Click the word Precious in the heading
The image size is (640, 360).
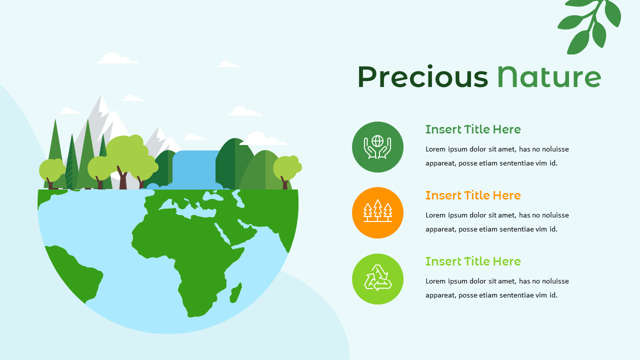[422, 77]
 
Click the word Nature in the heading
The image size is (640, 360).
[548, 77]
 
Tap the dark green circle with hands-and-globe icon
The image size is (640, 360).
[377, 147]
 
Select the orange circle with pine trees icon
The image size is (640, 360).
[377, 213]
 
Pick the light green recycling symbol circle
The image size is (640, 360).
[377, 279]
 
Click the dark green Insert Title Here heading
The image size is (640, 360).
[473, 129]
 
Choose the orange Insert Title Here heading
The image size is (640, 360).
[473, 195]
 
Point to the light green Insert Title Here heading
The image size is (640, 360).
[473, 261]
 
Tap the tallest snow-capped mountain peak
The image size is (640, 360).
[101, 105]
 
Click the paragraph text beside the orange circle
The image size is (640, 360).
[497, 222]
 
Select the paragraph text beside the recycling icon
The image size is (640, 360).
[497, 288]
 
